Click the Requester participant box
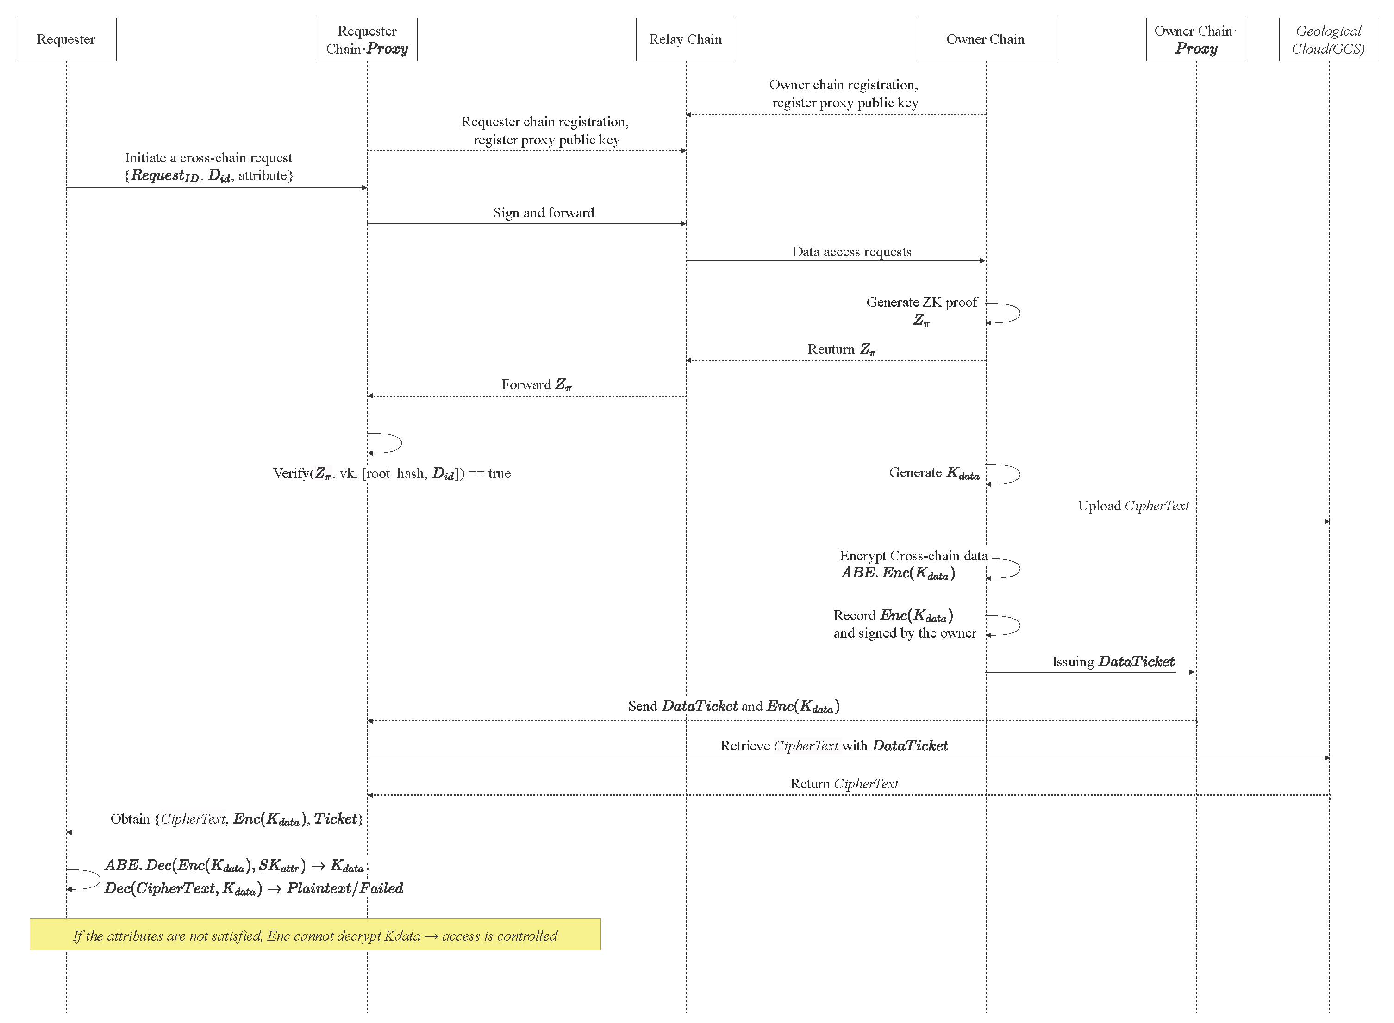pos(66,39)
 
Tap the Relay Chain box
pos(685,39)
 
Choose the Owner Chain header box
pos(985,39)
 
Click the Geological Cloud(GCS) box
pos(1328,39)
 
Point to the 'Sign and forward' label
pos(544,213)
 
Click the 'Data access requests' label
pos(851,251)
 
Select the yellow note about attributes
pos(315,935)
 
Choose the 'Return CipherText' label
pos(844,784)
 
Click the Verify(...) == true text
pos(392,474)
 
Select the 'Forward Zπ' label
pos(536,384)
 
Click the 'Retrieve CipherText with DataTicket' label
pos(834,745)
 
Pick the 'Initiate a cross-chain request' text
pos(208,158)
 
